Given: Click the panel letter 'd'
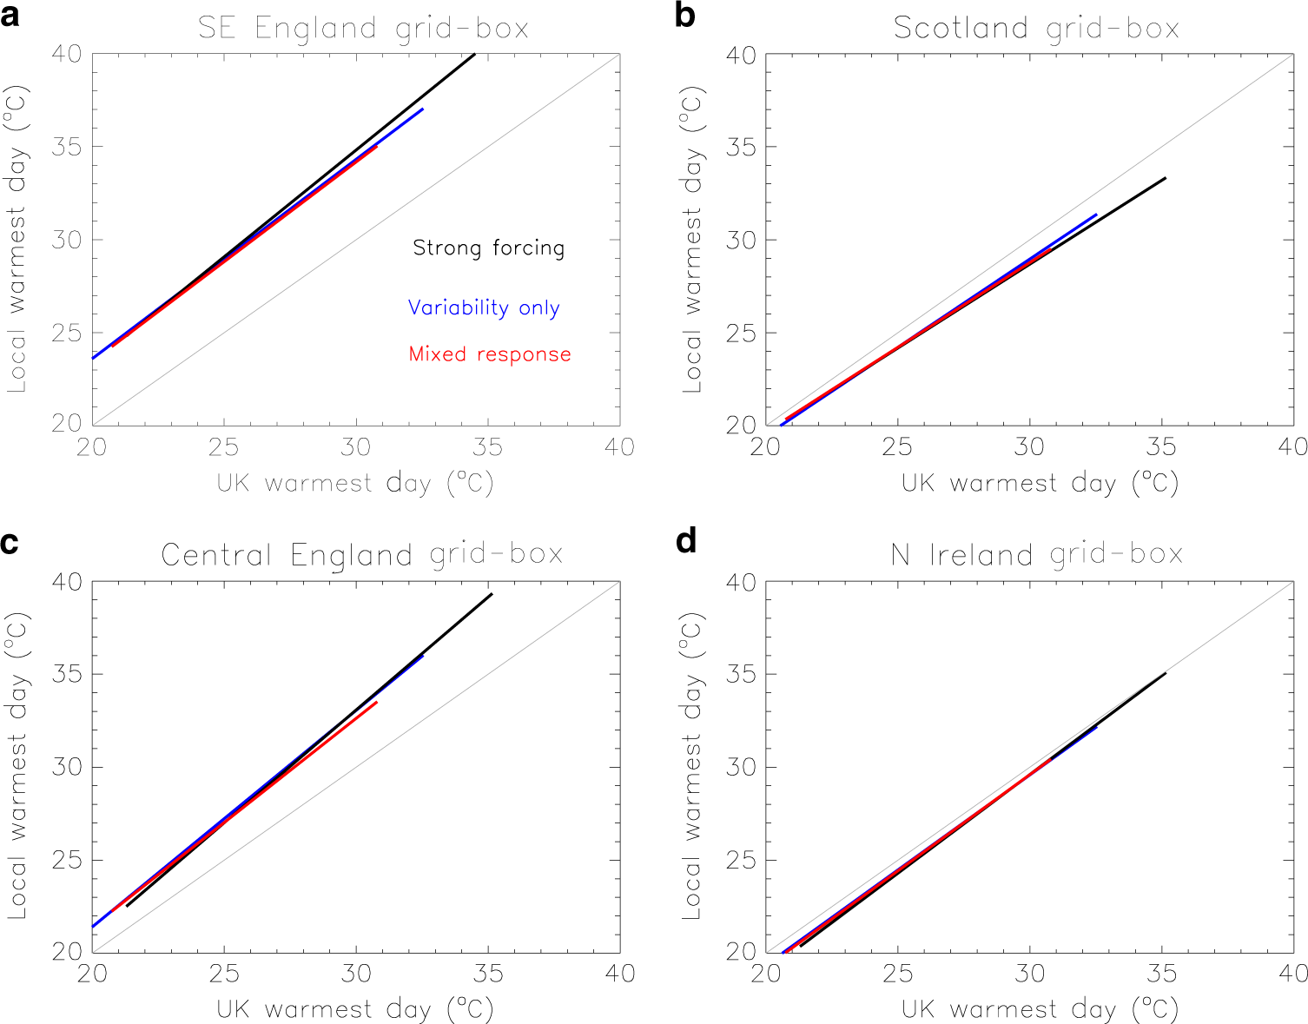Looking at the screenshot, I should coord(685,542).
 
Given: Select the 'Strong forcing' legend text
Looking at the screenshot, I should coord(488,248).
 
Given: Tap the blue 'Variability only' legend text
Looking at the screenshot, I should coord(484,308).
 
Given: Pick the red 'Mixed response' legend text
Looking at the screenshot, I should coord(490,354).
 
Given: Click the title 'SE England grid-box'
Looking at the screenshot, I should coord(363,28).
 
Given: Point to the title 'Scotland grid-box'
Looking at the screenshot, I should coord(1036,28).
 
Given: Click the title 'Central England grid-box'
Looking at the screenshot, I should coord(361,554).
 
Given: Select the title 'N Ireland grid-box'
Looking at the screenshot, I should coord(1036,554).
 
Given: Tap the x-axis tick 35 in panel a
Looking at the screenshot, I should coord(488,448).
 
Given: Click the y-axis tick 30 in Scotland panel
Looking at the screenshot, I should coord(740,240).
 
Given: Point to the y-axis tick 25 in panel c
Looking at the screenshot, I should coord(67,860).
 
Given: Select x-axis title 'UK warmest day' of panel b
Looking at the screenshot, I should coord(1039,483).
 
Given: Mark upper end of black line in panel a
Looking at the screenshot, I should coord(475,54).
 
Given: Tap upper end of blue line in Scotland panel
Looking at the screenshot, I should coord(1096,215).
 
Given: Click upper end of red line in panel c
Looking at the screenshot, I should coord(377,702).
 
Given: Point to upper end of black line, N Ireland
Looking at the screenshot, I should coord(1166,673).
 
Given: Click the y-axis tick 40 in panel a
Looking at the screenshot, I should coord(67,54).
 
